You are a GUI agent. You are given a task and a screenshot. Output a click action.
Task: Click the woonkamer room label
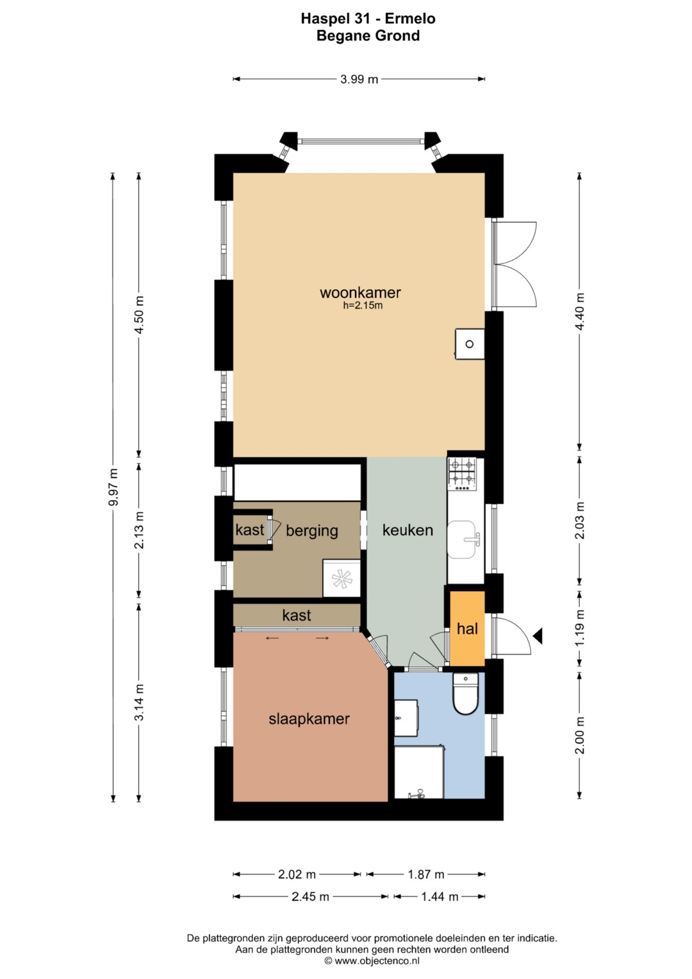360,292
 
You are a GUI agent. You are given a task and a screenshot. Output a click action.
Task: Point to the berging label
312,531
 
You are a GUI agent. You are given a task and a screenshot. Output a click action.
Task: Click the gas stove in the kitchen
461,474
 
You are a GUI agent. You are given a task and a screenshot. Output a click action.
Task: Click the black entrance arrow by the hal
538,635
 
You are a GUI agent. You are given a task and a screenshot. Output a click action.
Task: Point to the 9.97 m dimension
113,487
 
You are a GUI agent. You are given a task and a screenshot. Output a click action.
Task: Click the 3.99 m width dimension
359,79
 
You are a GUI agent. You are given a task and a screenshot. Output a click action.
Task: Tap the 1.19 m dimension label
579,628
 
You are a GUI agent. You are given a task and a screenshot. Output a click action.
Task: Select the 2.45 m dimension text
310,896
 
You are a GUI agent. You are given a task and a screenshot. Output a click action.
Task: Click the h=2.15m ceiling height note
363,306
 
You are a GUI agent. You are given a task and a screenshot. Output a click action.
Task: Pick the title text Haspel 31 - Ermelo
368,19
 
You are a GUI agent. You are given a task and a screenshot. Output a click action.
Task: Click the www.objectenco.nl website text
372,960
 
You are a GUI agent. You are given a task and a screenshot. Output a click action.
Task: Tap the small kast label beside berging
250,530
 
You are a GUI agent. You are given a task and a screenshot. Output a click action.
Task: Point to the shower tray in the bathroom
419,773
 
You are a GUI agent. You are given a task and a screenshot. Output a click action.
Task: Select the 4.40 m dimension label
579,312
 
